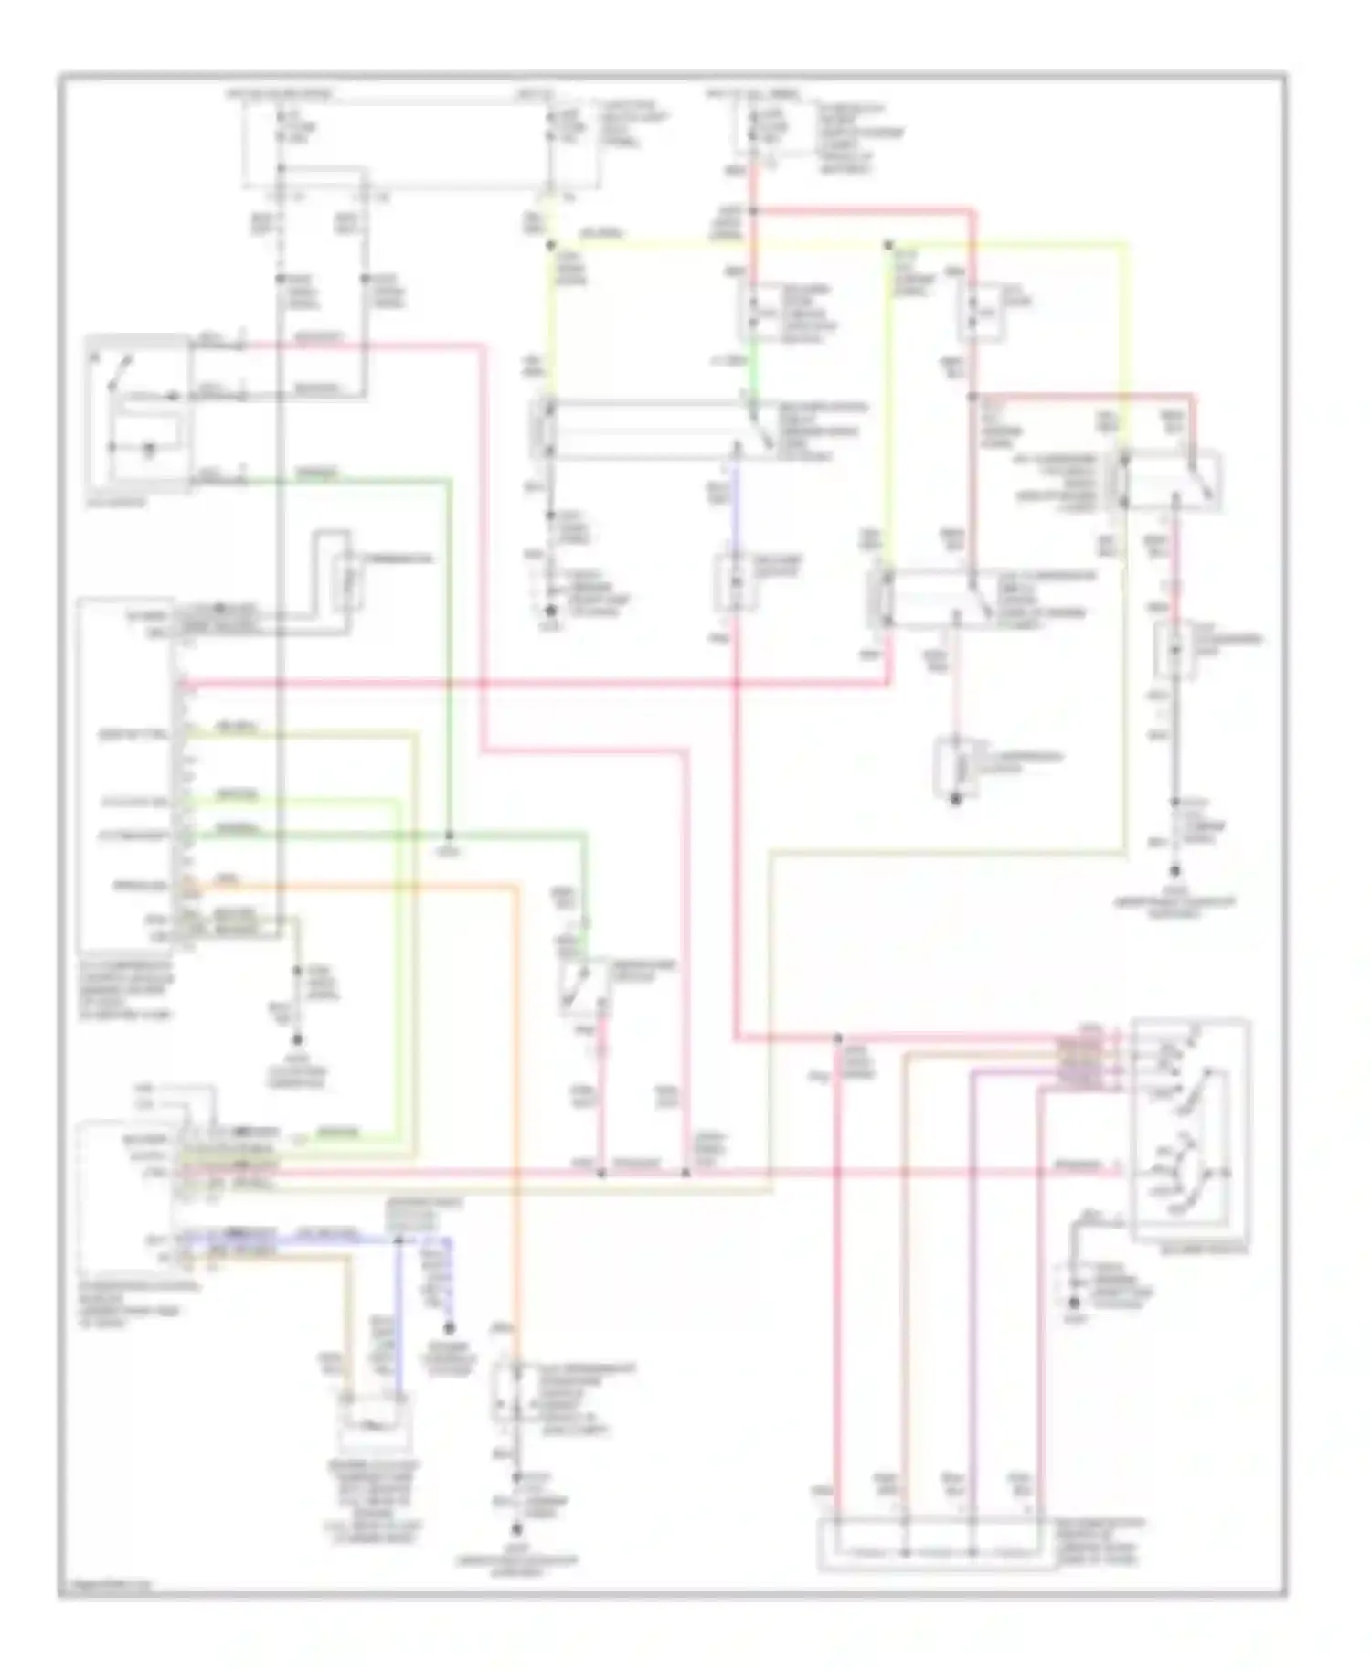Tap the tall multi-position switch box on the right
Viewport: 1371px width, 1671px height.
[1189, 1129]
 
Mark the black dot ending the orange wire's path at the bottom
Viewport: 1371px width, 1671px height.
[517, 1529]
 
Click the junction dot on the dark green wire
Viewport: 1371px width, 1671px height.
[450, 835]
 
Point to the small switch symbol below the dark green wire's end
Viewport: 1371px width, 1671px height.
[582, 987]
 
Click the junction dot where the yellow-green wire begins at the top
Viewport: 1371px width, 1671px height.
[551, 244]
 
